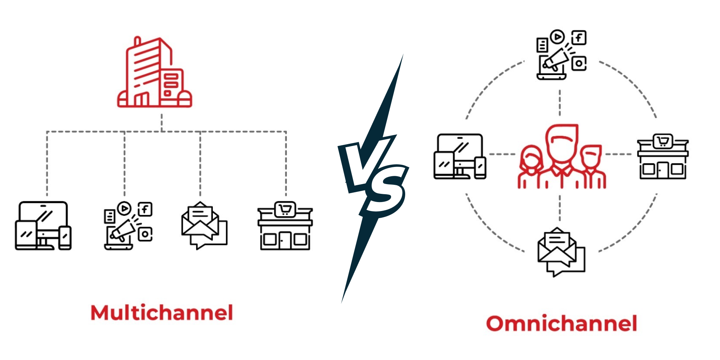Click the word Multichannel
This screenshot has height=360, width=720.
point(162,313)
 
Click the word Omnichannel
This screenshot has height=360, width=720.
point(561,323)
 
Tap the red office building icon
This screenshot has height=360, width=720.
point(154,72)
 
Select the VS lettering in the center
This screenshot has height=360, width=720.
point(373,176)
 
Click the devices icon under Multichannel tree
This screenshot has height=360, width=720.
point(43,226)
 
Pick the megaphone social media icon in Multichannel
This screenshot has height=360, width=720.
point(128,226)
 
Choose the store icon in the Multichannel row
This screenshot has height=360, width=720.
point(285,226)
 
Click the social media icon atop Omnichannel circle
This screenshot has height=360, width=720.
point(561,55)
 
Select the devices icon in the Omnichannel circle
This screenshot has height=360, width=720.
point(460,156)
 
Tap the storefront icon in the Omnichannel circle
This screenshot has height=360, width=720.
point(662,156)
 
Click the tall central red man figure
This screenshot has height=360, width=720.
point(561,153)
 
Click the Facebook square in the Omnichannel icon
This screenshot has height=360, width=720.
point(579,37)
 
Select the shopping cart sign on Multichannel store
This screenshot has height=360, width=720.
point(285,210)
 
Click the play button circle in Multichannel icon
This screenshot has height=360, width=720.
point(124,208)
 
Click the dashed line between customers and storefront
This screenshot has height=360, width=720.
point(618,154)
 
